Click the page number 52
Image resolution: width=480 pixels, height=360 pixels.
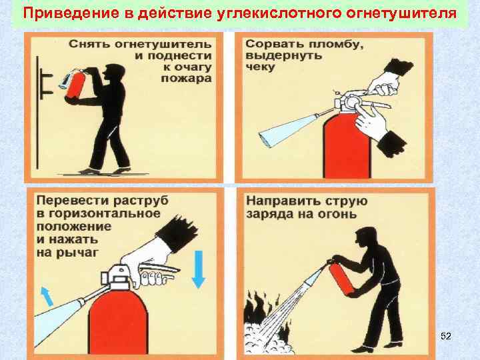[446, 336]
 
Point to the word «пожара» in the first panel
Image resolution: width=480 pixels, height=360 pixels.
[186, 79]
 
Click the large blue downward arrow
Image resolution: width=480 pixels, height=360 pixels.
[199, 269]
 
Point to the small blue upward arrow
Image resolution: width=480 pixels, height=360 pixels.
[47, 296]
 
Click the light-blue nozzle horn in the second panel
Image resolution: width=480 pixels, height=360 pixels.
[288, 130]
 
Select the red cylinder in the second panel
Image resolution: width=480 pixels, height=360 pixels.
[347, 146]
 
